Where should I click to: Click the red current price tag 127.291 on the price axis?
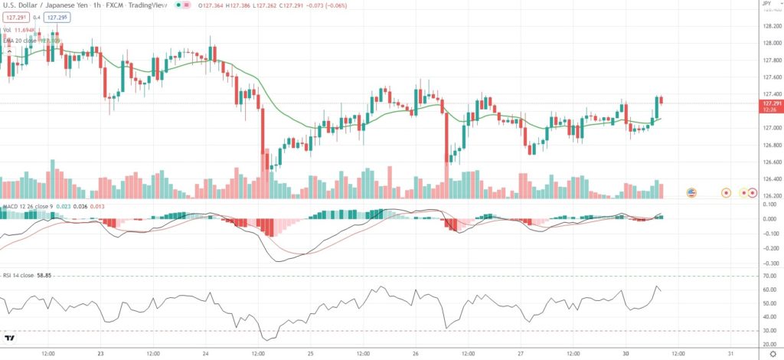tap(769, 104)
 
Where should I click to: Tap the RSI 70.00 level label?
tap(769, 276)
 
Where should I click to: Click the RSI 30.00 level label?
tap(769, 332)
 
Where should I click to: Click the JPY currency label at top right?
tap(766, 5)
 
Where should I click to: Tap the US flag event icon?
tap(691, 192)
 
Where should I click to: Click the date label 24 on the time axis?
tap(205, 354)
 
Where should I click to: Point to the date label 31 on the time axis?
tap(731, 354)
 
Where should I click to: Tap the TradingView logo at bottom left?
tap(10, 338)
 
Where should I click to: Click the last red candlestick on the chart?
tap(661, 100)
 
